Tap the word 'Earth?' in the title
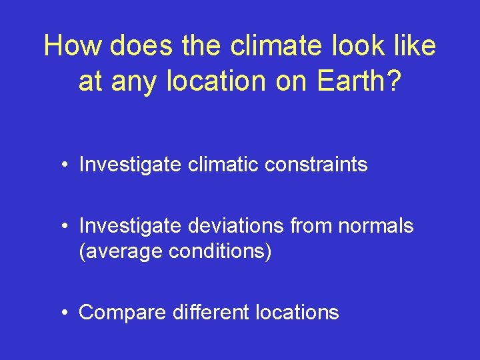[x=359, y=81]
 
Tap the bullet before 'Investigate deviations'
[x=63, y=227]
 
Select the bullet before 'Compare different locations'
[x=63, y=313]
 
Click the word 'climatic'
[x=219, y=165]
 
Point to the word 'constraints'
[x=314, y=165]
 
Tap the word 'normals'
[x=376, y=226]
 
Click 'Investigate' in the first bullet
[x=129, y=165]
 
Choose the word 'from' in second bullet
[x=311, y=226]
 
